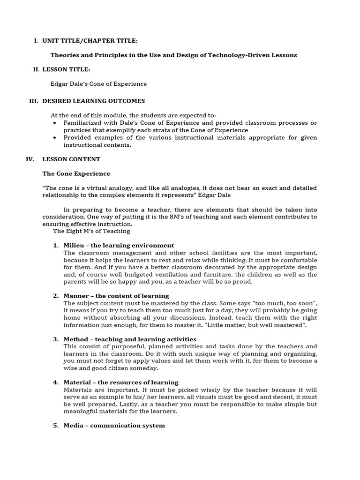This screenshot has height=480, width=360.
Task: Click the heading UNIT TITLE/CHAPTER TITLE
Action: pyautogui.click(x=90, y=41)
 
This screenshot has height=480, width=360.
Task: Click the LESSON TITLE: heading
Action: pyautogui.click(x=66, y=69)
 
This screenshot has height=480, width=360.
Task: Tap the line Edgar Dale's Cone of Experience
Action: pyautogui.click(x=98, y=84)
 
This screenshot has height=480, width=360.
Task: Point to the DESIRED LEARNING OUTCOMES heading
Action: pyautogui.click(x=93, y=101)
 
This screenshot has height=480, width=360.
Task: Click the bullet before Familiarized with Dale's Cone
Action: pyautogui.click(x=55, y=123)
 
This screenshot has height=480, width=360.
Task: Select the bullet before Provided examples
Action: pyautogui.click(x=55, y=137)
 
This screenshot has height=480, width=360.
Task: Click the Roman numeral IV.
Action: pyautogui.click(x=30, y=159)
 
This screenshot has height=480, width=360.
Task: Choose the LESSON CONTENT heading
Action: pyautogui.click(x=71, y=159)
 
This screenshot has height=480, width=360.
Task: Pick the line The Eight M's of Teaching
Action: pyautogui.click(x=91, y=231)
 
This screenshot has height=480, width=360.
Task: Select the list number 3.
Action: pyautogui.click(x=56, y=339)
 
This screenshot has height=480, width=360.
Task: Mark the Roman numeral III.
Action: pyautogui.click(x=33, y=101)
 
